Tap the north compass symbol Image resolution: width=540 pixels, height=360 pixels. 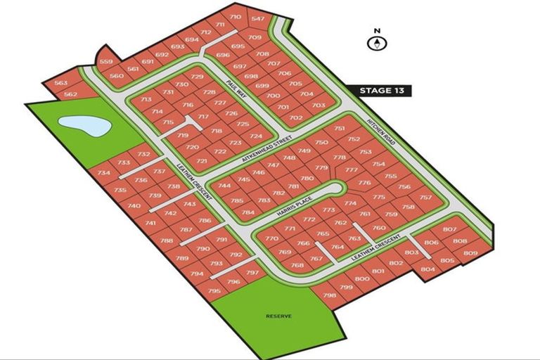point(378,42)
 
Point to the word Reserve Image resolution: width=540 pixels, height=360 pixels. point(278,316)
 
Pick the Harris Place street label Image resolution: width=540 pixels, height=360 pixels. point(295,203)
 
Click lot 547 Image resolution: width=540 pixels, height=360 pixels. point(258,18)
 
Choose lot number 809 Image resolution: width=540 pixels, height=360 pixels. point(470,252)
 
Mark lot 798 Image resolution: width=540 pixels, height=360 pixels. point(328,295)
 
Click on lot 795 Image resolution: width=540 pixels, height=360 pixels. point(214,290)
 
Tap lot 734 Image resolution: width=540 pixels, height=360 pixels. point(104,173)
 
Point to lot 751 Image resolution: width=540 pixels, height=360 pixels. point(339,129)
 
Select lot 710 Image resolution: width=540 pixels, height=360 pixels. point(235,17)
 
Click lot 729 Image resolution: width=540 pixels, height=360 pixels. point(197,77)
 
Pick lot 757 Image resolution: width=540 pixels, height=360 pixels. point(425,198)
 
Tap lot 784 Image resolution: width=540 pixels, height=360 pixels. point(247,212)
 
